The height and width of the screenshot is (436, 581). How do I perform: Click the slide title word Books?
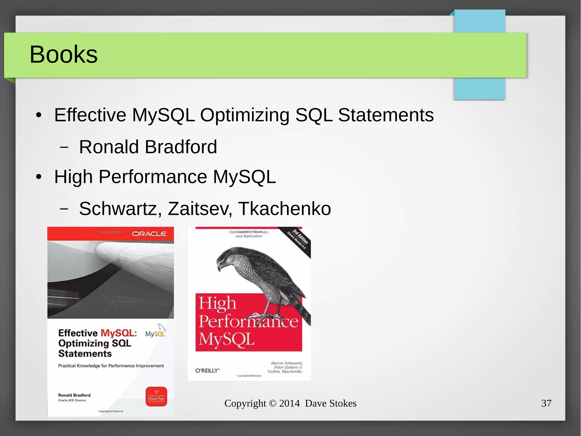[x=64, y=54]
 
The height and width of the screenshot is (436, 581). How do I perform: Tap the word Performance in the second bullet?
[x=153, y=177]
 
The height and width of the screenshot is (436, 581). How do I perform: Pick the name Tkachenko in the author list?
[x=284, y=209]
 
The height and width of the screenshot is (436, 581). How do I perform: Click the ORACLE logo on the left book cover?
[x=149, y=234]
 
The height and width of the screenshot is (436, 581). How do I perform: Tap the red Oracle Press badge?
[x=156, y=397]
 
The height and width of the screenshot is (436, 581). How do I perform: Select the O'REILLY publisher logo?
[x=207, y=370]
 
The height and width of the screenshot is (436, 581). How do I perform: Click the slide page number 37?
[x=546, y=403]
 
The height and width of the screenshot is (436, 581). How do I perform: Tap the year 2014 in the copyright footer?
[x=289, y=403]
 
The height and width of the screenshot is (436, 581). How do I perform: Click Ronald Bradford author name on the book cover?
[x=74, y=395]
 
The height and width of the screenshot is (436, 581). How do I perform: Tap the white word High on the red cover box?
[x=217, y=303]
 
